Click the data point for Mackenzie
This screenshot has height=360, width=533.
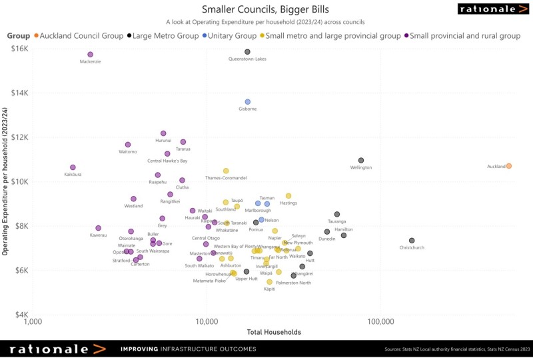(x=91, y=55)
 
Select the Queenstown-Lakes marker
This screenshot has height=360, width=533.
(x=247, y=51)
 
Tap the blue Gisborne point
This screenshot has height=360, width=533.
(x=247, y=102)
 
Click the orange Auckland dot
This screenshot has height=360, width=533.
(x=508, y=166)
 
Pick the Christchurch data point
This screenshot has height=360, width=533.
(x=412, y=241)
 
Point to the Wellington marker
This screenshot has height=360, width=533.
(x=361, y=161)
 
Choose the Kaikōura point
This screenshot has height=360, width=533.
(x=73, y=167)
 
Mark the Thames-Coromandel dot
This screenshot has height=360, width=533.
(x=226, y=171)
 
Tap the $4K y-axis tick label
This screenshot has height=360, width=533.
(x=20, y=315)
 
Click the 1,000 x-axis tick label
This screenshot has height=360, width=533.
(x=33, y=322)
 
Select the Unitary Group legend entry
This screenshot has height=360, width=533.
(x=231, y=35)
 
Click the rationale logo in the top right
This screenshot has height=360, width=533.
(x=492, y=9)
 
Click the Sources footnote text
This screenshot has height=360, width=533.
(x=456, y=349)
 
